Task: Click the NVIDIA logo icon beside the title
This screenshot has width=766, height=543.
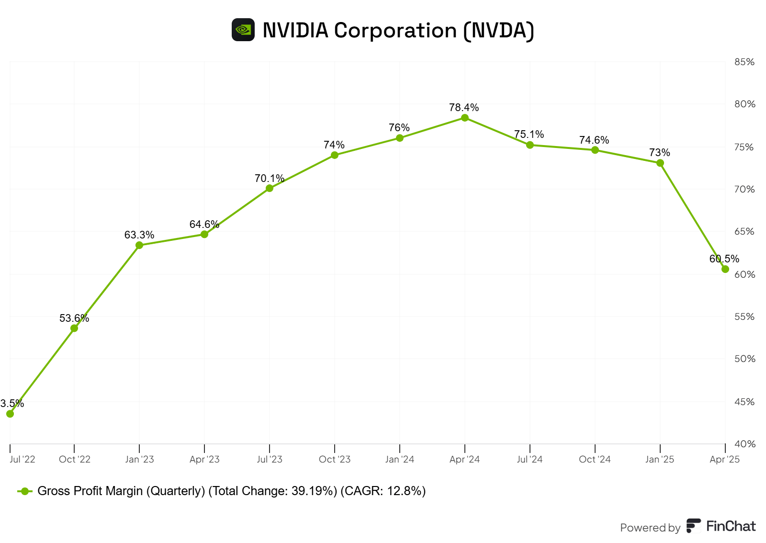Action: pos(243,30)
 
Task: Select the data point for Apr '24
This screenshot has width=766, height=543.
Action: pos(464,118)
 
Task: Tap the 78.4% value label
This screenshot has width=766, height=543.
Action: pos(463,107)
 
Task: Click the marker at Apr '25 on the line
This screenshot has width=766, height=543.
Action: pos(725,269)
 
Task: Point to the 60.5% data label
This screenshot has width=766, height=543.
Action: pos(724,259)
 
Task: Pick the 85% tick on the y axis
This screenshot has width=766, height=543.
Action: pos(744,62)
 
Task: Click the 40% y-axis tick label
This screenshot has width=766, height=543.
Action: pos(744,444)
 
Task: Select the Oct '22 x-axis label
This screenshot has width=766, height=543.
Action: pos(74,459)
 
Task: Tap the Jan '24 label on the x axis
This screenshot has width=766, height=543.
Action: pos(399,459)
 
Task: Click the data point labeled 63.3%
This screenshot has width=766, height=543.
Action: pos(139,245)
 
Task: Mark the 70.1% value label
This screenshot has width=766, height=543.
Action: pos(269,178)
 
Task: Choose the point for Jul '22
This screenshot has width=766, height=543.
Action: pos(10,414)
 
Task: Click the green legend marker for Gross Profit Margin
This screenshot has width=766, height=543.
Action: pos(25,491)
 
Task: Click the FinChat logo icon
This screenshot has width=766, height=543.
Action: pos(693,526)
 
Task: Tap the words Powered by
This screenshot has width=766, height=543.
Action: pos(650,528)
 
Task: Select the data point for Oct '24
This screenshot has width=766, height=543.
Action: pos(595,150)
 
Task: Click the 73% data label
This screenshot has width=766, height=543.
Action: pos(659,152)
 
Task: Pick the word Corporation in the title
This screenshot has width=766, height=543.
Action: pos(395,31)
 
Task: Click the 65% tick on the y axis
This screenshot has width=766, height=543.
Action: pos(744,231)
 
